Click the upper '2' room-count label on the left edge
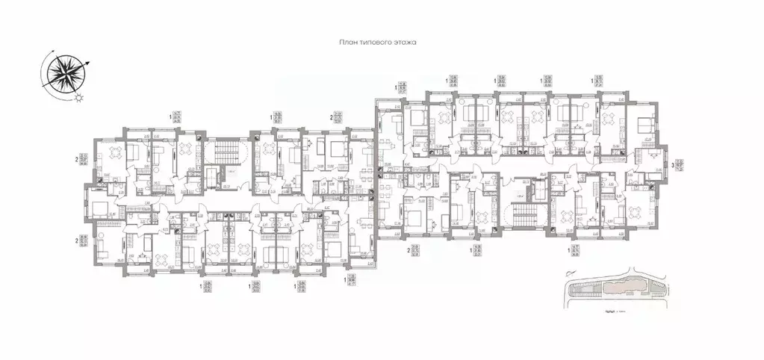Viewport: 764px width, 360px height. pyautogui.click(x=77, y=158)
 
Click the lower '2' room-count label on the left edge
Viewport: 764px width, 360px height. pyautogui.click(x=77, y=241)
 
